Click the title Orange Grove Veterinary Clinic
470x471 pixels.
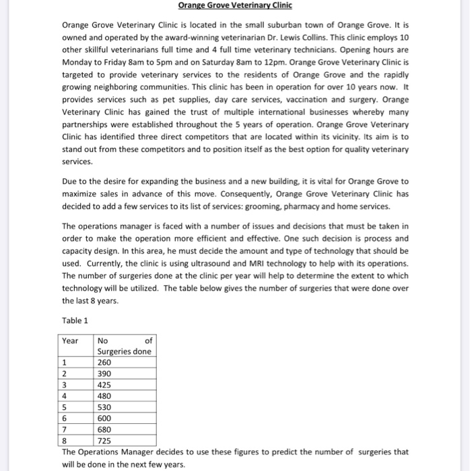pyautogui.click(x=235, y=6)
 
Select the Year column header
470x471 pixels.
pyautogui.click(x=70, y=340)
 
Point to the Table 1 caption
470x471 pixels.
pyautogui.click(x=75, y=320)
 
